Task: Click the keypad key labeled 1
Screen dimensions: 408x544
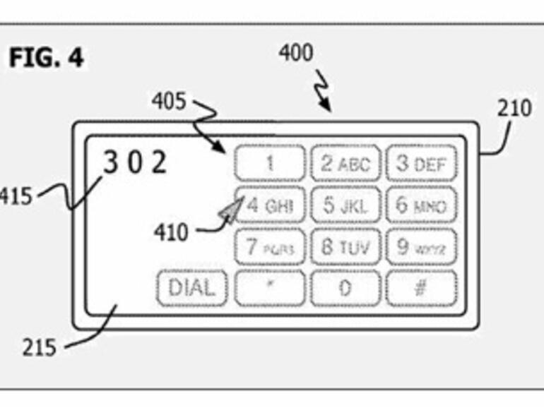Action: point(269,164)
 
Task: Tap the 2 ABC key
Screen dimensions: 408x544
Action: point(345,164)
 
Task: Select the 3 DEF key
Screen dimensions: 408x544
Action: point(421,164)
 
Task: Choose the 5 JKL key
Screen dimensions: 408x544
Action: point(345,206)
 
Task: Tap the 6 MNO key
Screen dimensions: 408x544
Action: point(421,206)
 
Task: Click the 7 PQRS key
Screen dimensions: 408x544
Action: point(269,248)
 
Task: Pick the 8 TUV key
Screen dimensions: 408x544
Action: point(345,248)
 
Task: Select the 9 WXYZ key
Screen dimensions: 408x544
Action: point(421,248)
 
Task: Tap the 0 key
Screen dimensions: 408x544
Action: point(345,289)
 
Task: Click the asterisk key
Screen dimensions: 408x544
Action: point(269,289)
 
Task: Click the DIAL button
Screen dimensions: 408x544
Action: point(191,288)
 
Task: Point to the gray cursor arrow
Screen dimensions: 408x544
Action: point(230,211)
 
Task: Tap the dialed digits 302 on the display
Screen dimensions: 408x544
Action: point(135,162)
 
